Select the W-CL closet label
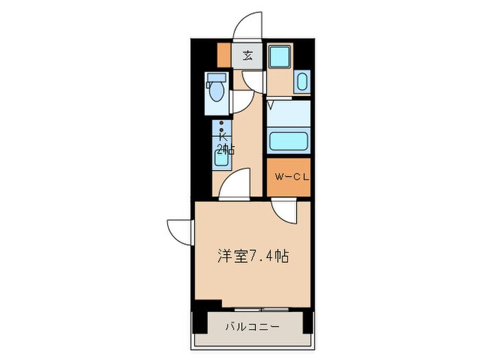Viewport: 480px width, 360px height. [289, 176]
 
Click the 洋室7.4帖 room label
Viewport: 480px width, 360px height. [252, 256]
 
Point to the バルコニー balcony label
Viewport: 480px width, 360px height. [252, 327]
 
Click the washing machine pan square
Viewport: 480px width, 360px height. [280, 58]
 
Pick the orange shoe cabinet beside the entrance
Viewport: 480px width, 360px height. [224, 54]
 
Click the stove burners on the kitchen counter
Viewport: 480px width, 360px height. [221, 128]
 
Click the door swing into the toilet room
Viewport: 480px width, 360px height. [240, 101]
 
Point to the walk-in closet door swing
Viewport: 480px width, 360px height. [283, 211]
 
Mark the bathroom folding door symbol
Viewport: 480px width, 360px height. [272, 105]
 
